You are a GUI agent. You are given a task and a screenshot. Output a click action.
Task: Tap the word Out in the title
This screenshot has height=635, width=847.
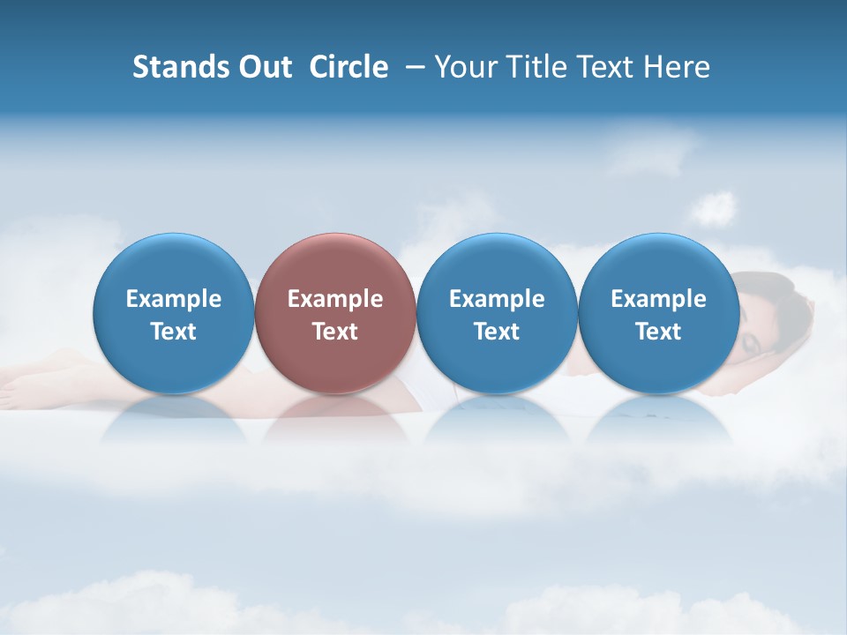point(263,67)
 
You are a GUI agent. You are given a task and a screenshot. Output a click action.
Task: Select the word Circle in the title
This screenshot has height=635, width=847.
point(349,67)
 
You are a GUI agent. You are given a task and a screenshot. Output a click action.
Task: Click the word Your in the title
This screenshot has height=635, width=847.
point(464,67)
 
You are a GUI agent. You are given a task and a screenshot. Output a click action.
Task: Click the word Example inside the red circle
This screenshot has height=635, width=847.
point(335,299)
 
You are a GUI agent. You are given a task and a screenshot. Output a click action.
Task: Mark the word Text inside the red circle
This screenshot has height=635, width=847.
point(335,332)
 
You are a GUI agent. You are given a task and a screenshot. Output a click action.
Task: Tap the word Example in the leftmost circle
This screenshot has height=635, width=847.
point(174,299)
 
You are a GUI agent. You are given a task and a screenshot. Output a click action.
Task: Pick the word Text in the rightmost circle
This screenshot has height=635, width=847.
point(658,332)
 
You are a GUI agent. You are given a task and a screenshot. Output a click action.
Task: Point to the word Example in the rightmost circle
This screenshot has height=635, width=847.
point(658,299)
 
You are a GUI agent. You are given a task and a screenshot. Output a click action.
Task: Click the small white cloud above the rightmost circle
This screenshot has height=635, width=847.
point(713,210)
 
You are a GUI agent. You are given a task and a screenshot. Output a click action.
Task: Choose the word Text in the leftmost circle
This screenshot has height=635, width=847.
point(174,332)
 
